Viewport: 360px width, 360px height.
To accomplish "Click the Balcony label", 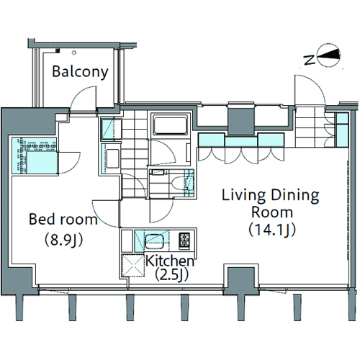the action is coord(80,72).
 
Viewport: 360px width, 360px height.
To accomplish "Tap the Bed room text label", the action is coord(63,219).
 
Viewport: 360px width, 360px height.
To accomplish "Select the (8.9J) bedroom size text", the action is coord(64,239).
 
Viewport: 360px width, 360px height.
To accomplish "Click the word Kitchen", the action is coord(170,261).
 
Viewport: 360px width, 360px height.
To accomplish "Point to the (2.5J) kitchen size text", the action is coord(171,274).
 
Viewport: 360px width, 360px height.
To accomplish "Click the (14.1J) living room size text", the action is coord(272,230).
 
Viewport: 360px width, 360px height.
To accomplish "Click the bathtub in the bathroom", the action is coord(171,125).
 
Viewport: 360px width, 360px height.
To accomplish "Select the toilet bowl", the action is coord(179,184).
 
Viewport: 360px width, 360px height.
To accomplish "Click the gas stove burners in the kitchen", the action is coord(184,240).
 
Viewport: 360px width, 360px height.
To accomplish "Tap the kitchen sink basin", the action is coord(154,241).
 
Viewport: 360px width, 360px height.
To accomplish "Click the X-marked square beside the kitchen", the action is coord(132,266).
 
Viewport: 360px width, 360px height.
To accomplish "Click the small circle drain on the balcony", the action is coord(74,53).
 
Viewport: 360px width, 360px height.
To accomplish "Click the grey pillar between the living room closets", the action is coord(241,121).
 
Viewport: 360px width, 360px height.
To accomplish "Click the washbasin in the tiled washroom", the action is coord(112,158).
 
